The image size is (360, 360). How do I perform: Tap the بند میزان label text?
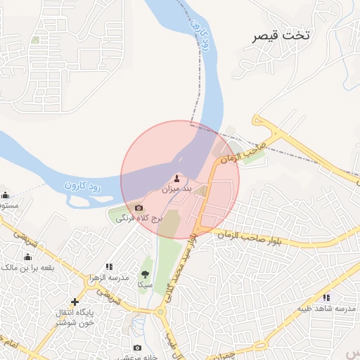[x=176, y=189]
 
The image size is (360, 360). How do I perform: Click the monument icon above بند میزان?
[x=176, y=177]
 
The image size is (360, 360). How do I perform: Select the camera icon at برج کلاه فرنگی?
[x=139, y=208]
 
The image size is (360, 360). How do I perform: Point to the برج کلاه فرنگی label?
[x=139, y=219]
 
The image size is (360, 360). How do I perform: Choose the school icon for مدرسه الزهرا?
[x=108, y=266]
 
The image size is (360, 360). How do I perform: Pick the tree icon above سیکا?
[x=146, y=274]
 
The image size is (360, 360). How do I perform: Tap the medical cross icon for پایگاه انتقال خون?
[x=75, y=302]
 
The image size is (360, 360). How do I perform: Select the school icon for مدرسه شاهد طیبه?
[x=326, y=297]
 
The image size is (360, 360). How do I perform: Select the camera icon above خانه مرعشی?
[x=137, y=347]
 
